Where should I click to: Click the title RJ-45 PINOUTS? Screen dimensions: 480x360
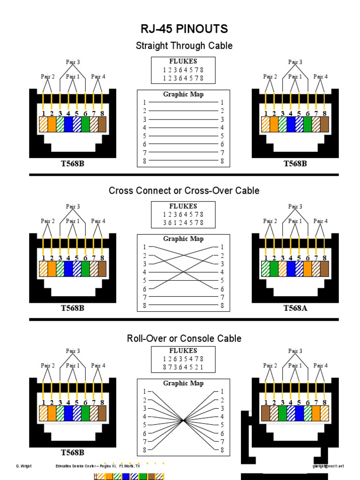pos(184,29)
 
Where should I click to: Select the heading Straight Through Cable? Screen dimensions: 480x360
pos(184,46)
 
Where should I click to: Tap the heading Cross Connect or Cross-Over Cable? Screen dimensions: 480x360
pos(184,191)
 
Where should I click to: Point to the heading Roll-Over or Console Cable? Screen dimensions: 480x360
pos(184,338)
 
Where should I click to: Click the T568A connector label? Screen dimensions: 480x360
pos(295,308)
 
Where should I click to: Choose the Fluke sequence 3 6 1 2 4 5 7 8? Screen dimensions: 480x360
pos(183,223)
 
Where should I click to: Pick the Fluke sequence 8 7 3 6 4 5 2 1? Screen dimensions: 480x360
pos(183,367)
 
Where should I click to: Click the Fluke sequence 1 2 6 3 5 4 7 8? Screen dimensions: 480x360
pos(183,359)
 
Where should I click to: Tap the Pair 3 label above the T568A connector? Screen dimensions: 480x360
pos(295,207)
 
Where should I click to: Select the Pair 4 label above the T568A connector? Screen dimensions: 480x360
pos(321,221)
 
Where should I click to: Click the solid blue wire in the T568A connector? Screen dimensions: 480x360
pos(291,268)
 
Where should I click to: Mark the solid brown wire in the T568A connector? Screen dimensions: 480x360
pos(324,268)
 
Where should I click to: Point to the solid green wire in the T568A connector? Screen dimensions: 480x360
pos(274,268)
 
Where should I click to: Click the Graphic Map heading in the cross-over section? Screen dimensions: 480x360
pos(183,239)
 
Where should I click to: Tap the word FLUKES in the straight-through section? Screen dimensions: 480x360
pos(183,61)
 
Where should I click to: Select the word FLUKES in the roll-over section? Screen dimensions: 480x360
pos(183,351)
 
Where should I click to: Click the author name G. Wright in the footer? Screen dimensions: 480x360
pos(23,466)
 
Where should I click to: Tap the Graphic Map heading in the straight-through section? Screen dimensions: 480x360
pos(183,94)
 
